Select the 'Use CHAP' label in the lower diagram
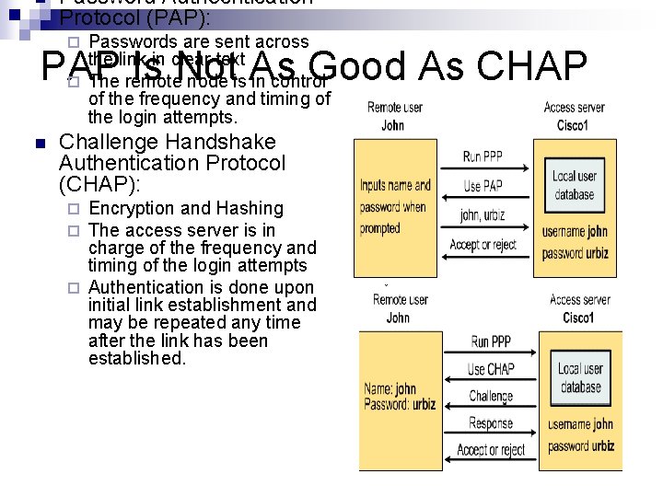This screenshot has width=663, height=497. coord(491,369)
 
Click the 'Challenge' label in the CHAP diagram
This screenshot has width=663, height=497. coord(491,397)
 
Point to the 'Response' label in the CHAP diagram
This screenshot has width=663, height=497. coord(491,423)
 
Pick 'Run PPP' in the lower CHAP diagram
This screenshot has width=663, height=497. coord(491,341)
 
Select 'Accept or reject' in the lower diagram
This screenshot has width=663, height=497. coord(491,450)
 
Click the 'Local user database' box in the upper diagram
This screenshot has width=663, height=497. coord(574,185)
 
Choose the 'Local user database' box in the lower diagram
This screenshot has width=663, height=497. coord(580,377)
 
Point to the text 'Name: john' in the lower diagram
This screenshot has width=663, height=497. coord(390,388)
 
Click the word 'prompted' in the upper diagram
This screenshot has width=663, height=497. coord(379,228)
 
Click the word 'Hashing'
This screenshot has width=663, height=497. coord(250,209)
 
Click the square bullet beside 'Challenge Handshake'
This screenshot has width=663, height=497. coord(38,144)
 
